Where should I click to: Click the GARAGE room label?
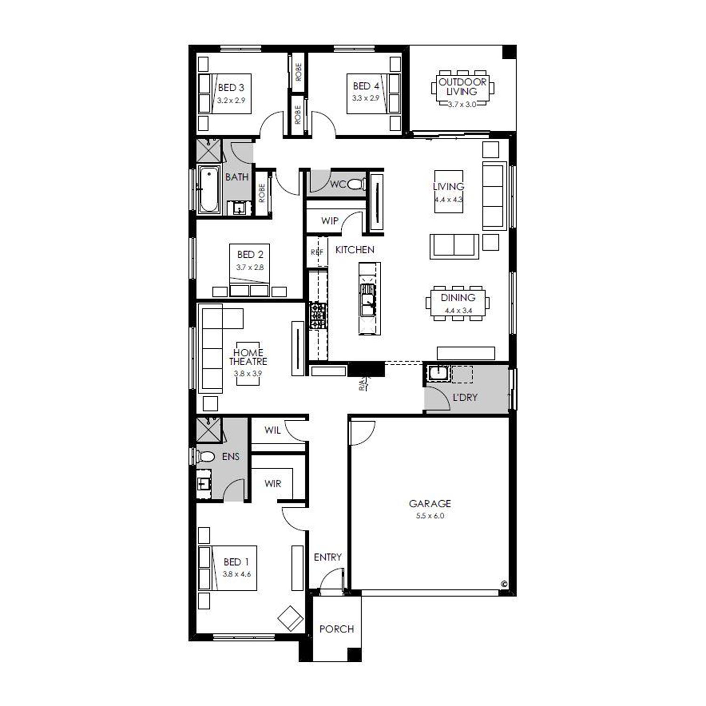[430, 504]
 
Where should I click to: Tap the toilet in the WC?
[356, 184]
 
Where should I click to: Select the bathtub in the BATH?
[209, 190]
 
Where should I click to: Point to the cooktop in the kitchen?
[318, 316]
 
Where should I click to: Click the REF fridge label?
[317, 252]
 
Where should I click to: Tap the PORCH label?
[337, 629]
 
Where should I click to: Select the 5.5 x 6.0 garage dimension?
[430, 516]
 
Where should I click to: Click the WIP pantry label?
[329, 221]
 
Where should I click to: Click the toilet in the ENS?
[205, 456]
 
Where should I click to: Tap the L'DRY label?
[465, 397]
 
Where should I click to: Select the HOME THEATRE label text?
[248, 357]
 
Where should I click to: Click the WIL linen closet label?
[273, 430]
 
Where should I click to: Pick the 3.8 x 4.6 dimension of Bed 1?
[237, 574]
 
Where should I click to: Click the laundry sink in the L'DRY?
[438, 373]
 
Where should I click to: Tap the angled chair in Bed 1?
[290, 618]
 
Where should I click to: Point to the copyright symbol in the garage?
[505, 584]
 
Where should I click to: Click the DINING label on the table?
[458, 297]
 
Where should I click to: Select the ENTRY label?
[328, 557]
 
